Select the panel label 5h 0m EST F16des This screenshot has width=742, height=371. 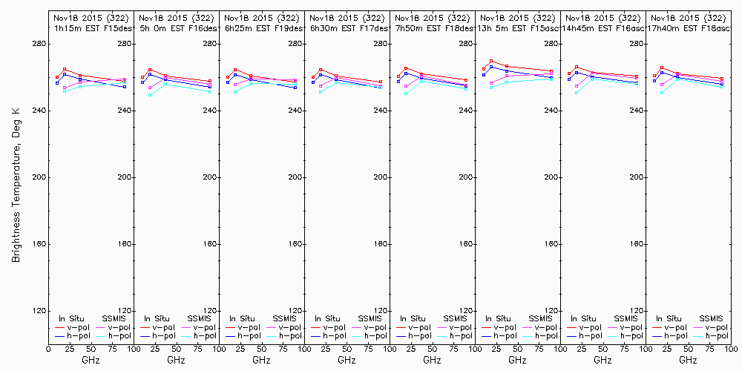[x=176, y=27]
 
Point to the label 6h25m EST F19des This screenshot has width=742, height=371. [x=261, y=27]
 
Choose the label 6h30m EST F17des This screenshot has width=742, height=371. [x=347, y=27]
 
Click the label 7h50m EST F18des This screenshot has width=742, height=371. [x=432, y=27]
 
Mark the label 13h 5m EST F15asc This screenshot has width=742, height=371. [x=517, y=27]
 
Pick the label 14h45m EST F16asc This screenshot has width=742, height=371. [x=603, y=27]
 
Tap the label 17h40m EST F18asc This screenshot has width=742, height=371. [x=688, y=27]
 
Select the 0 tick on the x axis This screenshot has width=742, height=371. [x=48, y=349]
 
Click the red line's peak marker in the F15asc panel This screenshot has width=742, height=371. [x=491, y=61]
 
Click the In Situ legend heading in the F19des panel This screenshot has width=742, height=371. [x=243, y=318]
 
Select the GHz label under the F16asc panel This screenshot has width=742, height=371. [x=603, y=360]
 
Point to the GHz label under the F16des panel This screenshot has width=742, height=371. [x=176, y=360]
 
